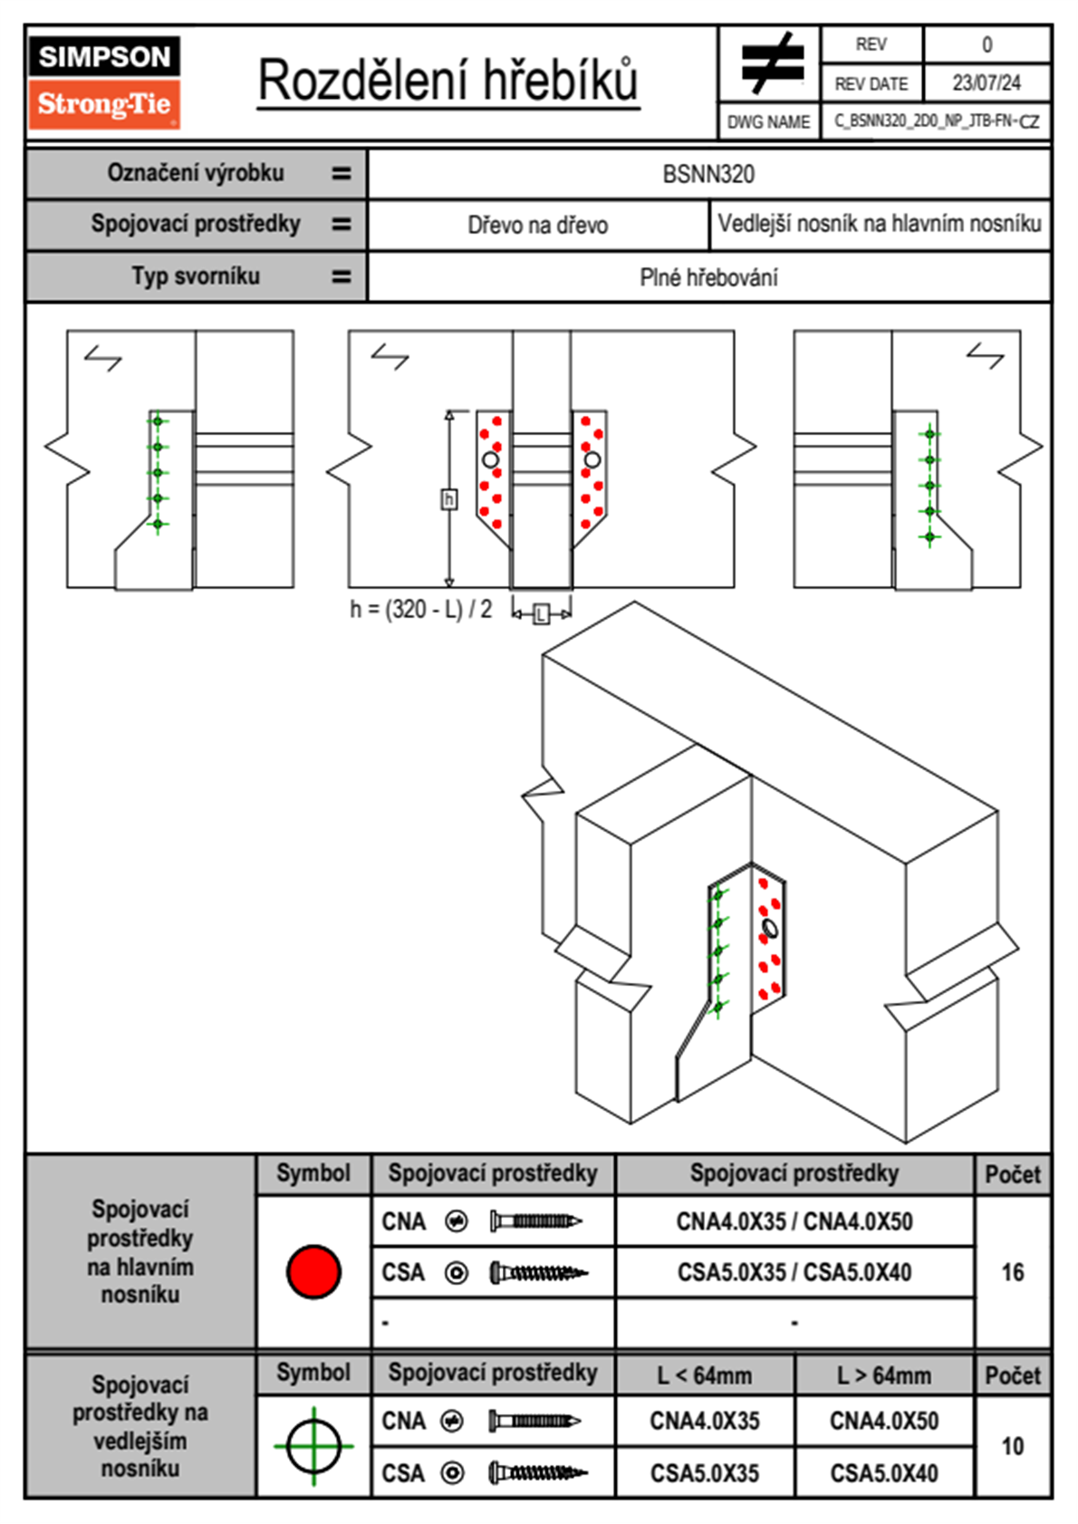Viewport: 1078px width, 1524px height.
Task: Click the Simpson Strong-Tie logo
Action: [x=104, y=82]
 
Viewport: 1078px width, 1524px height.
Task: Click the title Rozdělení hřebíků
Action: [x=448, y=80]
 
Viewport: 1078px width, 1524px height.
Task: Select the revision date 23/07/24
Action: [x=986, y=82]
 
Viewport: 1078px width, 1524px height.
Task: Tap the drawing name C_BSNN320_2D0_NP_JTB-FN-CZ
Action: [x=937, y=121]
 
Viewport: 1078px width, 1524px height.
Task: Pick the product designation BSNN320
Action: [x=708, y=174]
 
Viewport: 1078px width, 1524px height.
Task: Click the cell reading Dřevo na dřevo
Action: [x=537, y=225]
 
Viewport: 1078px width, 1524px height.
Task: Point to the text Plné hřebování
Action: [x=708, y=277]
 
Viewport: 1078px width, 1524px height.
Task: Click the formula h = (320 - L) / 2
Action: [x=421, y=609]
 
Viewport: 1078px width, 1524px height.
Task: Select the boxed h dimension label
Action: [x=448, y=499]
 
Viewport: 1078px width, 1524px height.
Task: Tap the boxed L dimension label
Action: [x=541, y=614]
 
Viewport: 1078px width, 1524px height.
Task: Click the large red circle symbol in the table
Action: [x=313, y=1271]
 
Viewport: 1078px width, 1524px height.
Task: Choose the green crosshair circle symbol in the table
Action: [x=313, y=1446]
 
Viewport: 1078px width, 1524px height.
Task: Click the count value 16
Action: [x=1012, y=1272]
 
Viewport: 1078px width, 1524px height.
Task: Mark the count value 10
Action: [x=1012, y=1446]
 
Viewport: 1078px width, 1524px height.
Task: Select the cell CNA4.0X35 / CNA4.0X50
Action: [x=794, y=1221]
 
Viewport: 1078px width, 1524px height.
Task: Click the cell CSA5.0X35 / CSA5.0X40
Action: [x=794, y=1272]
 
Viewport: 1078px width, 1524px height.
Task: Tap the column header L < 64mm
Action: [x=705, y=1375]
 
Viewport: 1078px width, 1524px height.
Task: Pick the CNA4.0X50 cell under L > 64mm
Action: [x=884, y=1421]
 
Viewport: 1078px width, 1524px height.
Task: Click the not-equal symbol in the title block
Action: [x=770, y=64]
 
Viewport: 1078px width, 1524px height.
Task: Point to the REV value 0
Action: [x=987, y=44]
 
